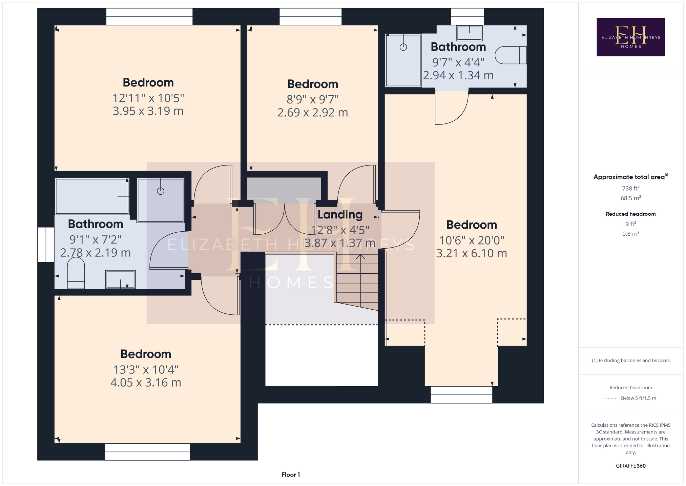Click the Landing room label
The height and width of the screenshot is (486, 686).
pyautogui.click(x=340, y=215)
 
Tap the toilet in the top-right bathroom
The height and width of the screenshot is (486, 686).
pyautogui.click(x=511, y=55)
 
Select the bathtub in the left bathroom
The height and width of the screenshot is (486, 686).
pyautogui.click(x=92, y=196)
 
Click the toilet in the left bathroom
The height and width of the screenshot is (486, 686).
pyautogui.click(x=76, y=273)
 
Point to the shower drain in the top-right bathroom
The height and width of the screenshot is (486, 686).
pyautogui.click(x=403, y=47)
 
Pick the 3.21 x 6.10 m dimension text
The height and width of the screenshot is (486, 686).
pyautogui.click(x=472, y=253)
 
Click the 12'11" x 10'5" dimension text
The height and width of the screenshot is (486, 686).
pyautogui.click(x=148, y=98)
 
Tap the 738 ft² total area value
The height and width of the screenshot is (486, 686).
pyautogui.click(x=630, y=188)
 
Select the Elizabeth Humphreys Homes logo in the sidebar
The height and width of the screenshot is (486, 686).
pyautogui.click(x=630, y=37)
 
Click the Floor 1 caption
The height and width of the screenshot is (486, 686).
pyautogui.click(x=291, y=474)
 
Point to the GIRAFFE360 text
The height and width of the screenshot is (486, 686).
pyautogui.click(x=630, y=466)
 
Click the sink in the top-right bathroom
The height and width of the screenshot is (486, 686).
pyautogui.click(x=469, y=33)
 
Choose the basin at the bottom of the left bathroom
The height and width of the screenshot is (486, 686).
pyautogui.click(x=120, y=279)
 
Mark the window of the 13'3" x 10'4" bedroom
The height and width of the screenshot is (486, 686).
pyautogui.click(x=147, y=452)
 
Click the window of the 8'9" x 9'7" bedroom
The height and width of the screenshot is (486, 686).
pyautogui.click(x=310, y=17)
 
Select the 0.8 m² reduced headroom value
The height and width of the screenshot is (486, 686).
pyautogui.click(x=630, y=234)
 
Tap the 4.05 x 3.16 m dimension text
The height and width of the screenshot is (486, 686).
pyautogui.click(x=146, y=383)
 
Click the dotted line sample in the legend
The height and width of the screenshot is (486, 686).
pyautogui.click(x=611, y=398)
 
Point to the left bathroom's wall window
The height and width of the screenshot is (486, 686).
pyautogui.click(x=46, y=245)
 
